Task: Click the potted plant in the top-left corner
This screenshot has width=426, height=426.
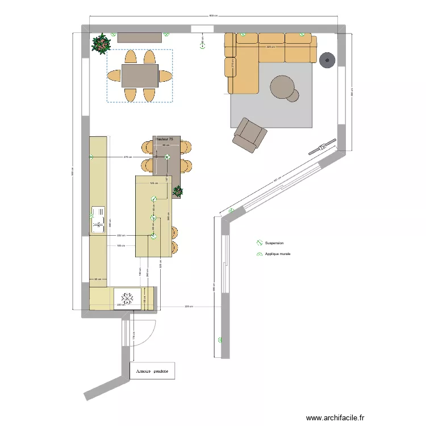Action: pos(102,43)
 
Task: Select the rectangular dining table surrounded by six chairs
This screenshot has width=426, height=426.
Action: pos(140,76)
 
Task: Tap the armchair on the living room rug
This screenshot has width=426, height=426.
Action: pos(249,135)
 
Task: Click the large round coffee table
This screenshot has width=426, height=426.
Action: pos(282,87)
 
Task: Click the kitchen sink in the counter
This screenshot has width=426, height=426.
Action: pos(99,220)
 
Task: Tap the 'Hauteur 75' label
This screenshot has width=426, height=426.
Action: pos(164,139)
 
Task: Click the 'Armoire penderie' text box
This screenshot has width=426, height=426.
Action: pos(152,371)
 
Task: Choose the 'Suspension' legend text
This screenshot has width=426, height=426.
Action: pos(274,243)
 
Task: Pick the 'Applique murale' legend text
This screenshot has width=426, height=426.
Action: pos(277,254)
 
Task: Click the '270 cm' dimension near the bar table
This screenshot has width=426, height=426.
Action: pos(128,157)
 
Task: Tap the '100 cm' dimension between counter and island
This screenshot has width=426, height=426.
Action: pos(120,246)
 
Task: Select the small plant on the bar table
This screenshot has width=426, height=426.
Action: pos(178,191)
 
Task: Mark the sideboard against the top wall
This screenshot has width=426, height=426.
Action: pos(140,37)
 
